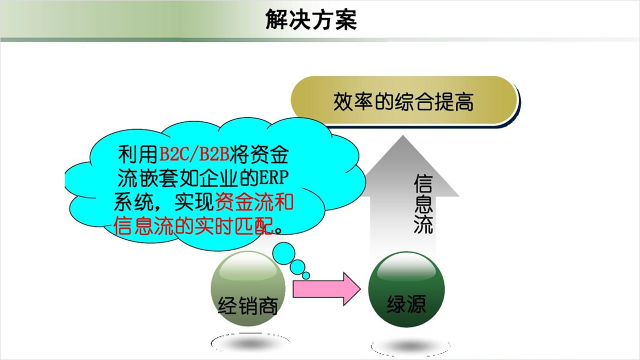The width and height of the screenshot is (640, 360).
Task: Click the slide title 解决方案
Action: tap(311, 20)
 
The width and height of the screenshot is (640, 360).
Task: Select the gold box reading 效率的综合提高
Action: tap(405, 102)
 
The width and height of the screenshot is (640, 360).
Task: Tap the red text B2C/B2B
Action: tap(194, 154)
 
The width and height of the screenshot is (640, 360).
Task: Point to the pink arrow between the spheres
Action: tap(327, 289)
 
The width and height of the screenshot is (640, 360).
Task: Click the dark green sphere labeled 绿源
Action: tap(406, 289)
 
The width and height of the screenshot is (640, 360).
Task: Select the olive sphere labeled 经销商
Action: tap(248, 289)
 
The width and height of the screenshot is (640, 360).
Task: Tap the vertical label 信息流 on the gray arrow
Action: tap(423, 204)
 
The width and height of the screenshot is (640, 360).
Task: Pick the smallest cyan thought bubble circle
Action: tap(306, 275)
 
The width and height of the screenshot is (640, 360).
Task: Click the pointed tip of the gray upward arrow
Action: tap(403, 136)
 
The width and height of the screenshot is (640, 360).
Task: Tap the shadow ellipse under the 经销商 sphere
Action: tap(250, 342)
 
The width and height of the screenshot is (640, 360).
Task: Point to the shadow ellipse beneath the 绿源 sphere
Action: tap(410, 347)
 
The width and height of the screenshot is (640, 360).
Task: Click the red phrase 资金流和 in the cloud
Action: tap(254, 202)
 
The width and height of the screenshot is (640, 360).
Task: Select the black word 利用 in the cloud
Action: tap(138, 154)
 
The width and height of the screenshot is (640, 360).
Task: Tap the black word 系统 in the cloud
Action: tap(134, 202)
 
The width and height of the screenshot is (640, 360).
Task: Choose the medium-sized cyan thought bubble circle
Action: tap(297, 267)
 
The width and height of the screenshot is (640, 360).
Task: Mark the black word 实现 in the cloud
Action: tap(194, 202)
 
